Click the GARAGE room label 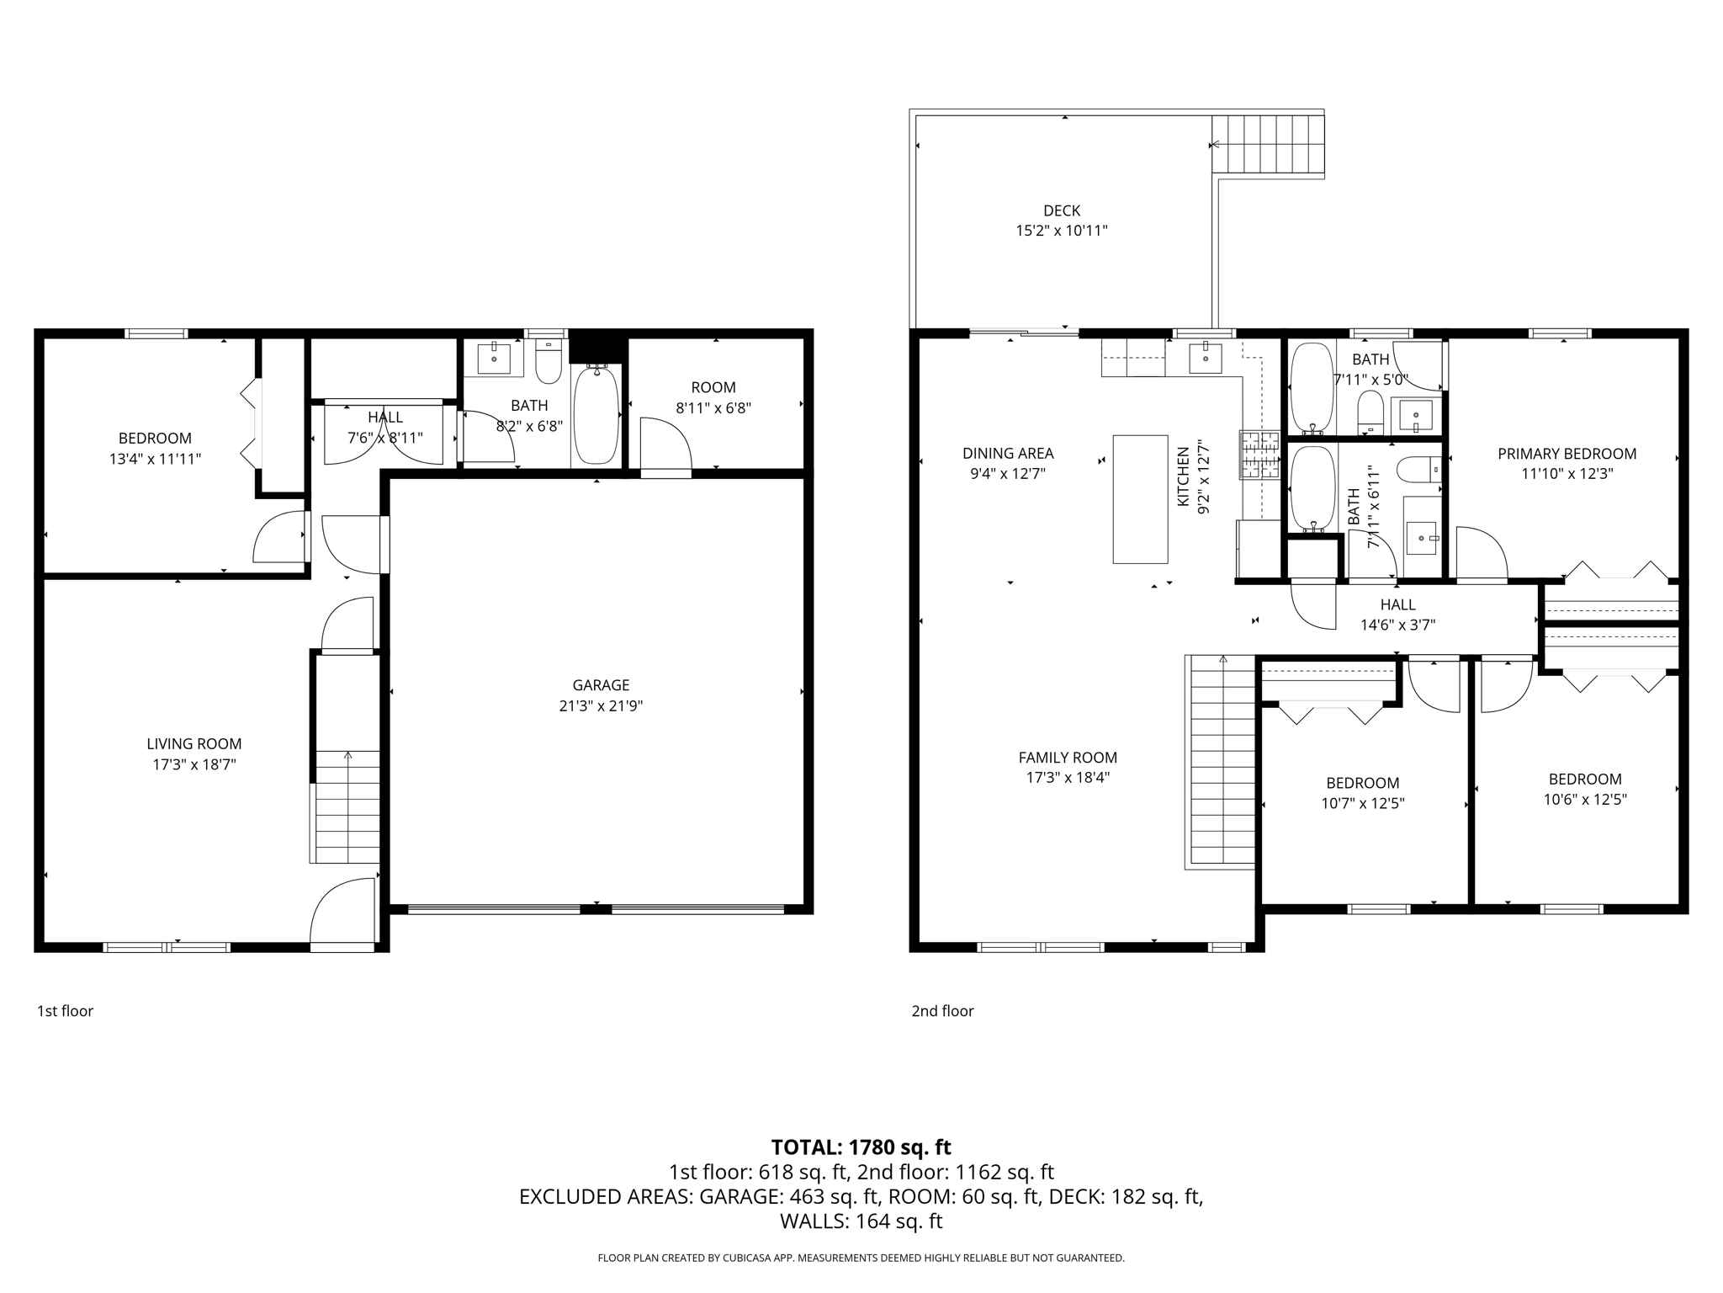[601, 685]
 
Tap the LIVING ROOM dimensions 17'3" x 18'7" [194, 764]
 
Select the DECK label [1062, 210]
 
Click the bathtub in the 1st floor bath [596, 414]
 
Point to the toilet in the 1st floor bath [548, 363]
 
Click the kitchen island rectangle [1140, 498]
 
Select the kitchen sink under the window [1206, 357]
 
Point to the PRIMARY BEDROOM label [1567, 454]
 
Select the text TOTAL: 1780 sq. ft [861, 1147]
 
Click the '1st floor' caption [65, 1010]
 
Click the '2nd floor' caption [942, 1010]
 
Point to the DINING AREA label [1008, 453]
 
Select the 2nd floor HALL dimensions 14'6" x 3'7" [1397, 625]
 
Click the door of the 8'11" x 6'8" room [665, 446]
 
